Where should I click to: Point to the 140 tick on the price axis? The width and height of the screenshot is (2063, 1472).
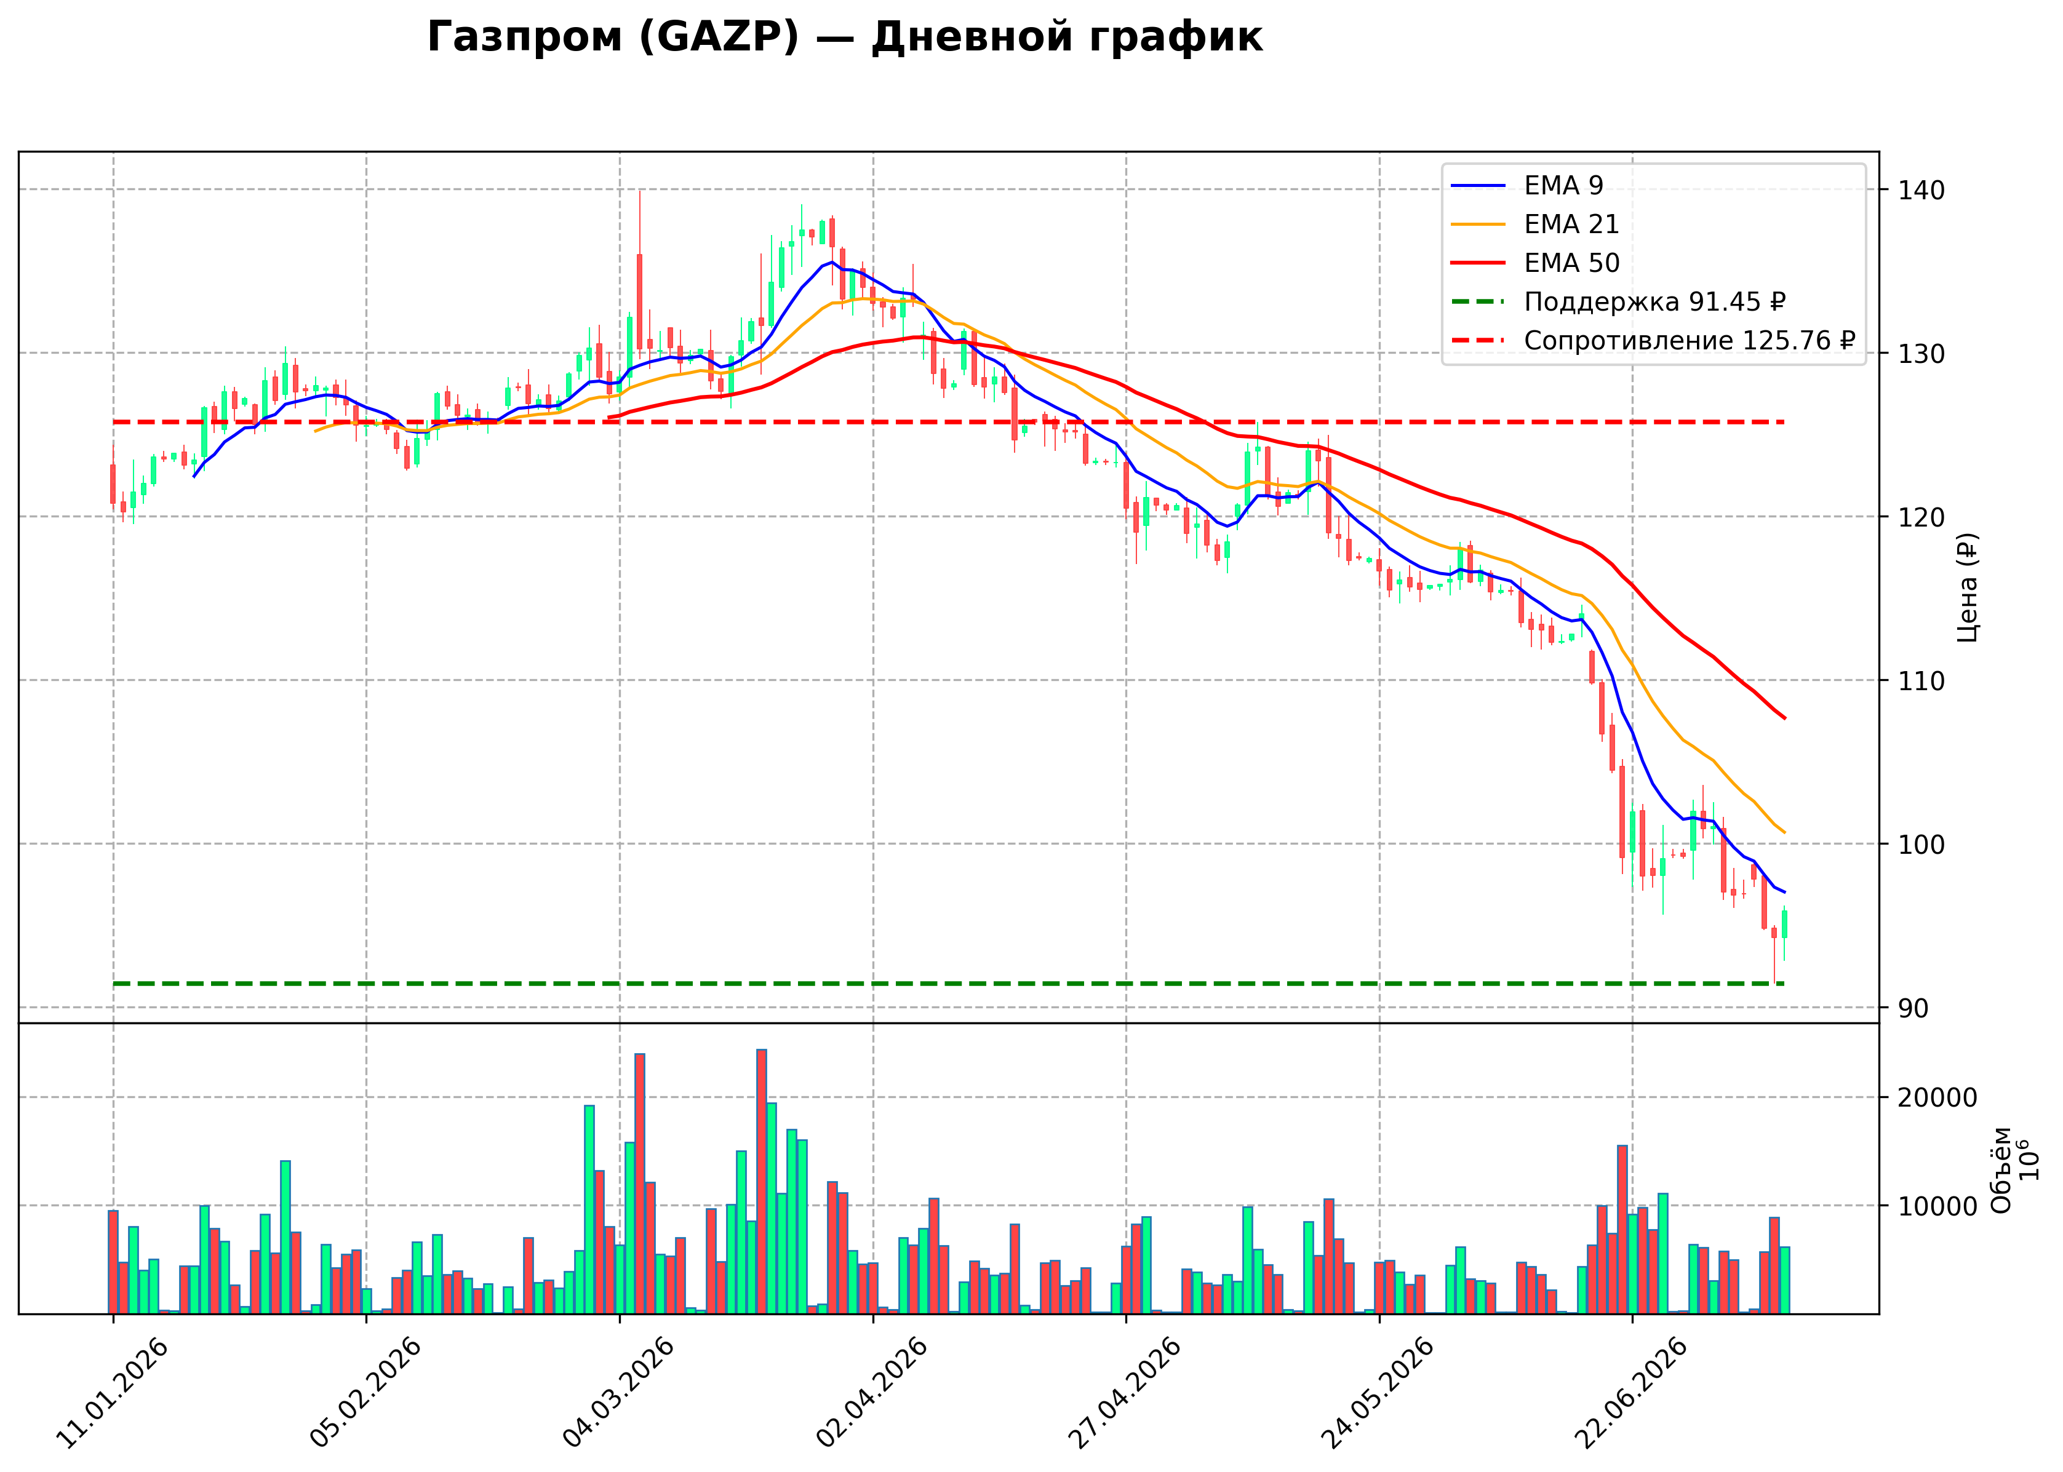tap(1912, 190)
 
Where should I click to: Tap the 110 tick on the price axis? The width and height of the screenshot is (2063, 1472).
tap(1912, 681)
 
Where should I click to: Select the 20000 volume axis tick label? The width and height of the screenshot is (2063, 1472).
tap(1934, 1097)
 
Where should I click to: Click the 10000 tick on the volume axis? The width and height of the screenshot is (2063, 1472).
tap(1934, 1206)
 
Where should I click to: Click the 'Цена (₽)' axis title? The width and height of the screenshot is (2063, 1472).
tap(1968, 587)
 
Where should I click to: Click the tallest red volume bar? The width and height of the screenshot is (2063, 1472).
tap(761, 1181)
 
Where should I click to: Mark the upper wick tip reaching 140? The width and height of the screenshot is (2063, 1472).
tap(639, 190)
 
